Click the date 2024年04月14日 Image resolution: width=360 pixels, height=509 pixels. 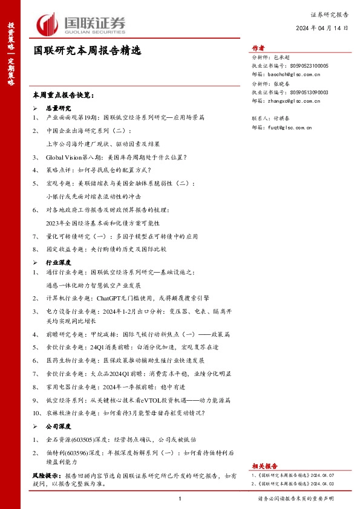322,28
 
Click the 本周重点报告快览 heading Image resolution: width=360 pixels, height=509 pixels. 64,95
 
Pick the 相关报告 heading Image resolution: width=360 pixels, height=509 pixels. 264,466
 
